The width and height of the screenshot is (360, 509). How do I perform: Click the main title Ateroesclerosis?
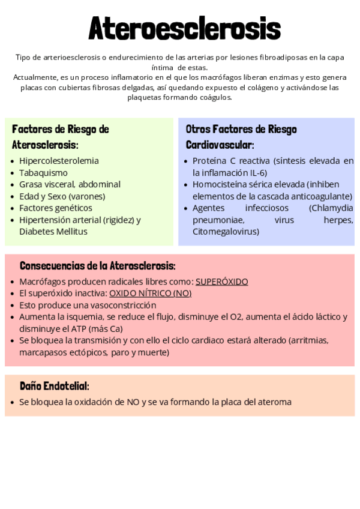[x=184, y=28]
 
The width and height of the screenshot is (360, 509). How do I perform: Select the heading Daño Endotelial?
[x=54, y=386]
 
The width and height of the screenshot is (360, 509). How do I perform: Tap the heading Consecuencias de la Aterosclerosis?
[x=97, y=265]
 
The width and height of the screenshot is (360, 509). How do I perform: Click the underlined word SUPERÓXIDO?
[x=221, y=282]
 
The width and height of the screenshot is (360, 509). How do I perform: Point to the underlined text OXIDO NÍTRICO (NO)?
[x=150, y=293]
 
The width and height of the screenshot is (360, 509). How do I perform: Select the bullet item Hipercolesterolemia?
[x=59, y=161]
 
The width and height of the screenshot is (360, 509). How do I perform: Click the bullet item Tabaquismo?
[x=43, y=172]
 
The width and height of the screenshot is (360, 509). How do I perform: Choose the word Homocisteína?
[x=219, y=184]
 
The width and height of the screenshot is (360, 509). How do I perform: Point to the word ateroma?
[x=273, y=402]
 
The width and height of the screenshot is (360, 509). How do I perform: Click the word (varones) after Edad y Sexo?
[x=86, y=196]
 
